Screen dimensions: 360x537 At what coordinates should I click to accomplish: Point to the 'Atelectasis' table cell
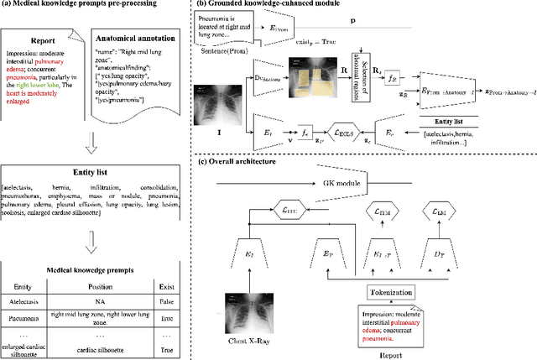[34, 306]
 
